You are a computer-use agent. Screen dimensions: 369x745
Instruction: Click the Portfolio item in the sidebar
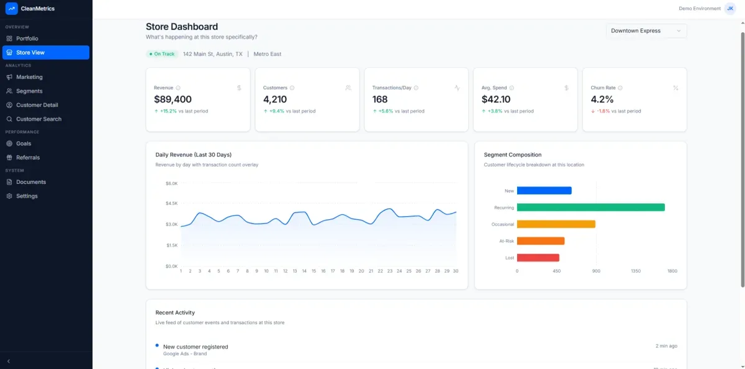27,39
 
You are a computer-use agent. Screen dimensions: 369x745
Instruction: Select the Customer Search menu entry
38,119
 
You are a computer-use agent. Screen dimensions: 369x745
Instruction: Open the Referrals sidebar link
28,157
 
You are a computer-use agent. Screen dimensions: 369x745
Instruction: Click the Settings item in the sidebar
27,196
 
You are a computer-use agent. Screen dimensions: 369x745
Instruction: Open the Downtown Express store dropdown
646,30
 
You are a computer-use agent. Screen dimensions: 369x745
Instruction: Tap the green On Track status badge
162,54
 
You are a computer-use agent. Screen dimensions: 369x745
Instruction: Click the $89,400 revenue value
173,99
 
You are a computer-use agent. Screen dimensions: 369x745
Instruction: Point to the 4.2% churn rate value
602,99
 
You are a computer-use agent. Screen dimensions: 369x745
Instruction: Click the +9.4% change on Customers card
276,111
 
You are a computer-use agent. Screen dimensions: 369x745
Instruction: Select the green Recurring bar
590,207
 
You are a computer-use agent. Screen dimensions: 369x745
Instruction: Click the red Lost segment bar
538,258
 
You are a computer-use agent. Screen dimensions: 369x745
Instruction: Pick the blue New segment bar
544,191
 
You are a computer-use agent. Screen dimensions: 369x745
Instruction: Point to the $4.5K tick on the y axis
171,203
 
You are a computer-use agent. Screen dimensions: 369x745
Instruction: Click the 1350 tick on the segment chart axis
636,271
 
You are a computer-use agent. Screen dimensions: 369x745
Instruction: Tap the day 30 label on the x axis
455,271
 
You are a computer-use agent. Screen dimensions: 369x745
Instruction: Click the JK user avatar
730,9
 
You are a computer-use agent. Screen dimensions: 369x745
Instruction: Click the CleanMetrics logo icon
11,9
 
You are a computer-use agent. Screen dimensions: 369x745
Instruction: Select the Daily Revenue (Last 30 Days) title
193,155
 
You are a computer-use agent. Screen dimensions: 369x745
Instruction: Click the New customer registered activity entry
196,347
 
